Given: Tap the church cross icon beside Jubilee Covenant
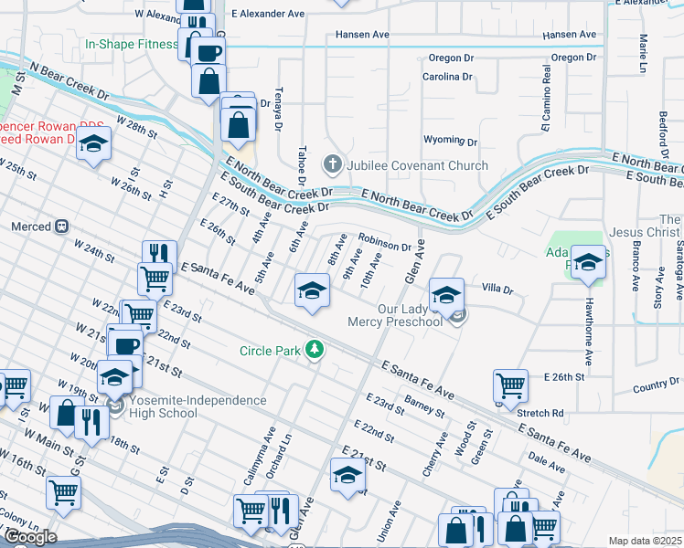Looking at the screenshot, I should click(333, 165).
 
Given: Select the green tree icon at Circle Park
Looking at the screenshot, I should click(315, 350).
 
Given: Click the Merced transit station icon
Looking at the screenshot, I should click(62, 226).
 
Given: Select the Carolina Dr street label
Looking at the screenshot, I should click(446, 77).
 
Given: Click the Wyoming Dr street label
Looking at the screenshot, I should click(450, 141).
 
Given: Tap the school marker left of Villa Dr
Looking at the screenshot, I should click(446, 294).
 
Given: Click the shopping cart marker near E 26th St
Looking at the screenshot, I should click(509, 385).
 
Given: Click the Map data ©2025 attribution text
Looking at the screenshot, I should click(645, 541).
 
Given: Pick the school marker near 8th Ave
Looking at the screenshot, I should click(312, 291).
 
